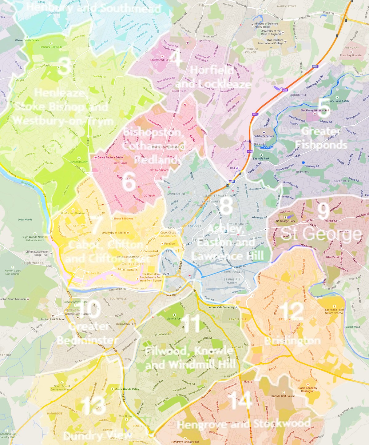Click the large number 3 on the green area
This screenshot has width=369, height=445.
[64, 66]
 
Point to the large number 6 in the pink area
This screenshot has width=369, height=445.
[129, 181]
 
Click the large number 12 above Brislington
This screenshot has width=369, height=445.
[292, 311]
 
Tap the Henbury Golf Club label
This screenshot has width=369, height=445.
[51, 47]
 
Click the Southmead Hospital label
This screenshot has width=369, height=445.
[162, 60]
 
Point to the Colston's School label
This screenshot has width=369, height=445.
[264, 136]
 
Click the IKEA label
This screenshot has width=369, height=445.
[232, 168]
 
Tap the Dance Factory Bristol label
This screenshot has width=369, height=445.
[110, 157]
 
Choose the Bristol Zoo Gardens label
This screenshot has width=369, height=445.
[73, 213]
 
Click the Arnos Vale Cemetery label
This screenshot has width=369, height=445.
[221, 307]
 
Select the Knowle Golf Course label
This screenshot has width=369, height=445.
[283, 396]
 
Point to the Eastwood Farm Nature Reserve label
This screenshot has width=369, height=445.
[334, 311]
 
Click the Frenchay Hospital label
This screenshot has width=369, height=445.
[351, 55]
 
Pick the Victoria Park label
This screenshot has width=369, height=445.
[174, 319]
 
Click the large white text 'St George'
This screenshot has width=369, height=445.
[321, 234]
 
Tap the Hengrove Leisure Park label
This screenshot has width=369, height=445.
[185, 442]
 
